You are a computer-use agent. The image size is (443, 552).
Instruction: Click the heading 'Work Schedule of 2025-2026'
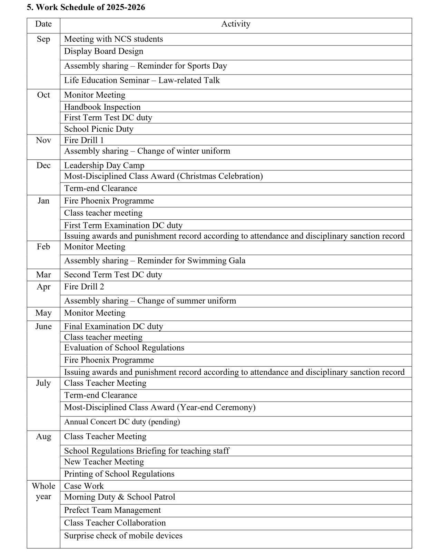tap(86, 7)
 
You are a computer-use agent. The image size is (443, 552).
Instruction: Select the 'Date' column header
tap(43, 24)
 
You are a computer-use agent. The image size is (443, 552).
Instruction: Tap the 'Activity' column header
tap(236, 24)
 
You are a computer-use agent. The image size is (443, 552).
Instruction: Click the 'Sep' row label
tap(43, 39)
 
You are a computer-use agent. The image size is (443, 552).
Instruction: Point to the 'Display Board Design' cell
tap(104, 51)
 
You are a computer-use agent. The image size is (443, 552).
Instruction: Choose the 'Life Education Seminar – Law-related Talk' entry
tap(142, 80)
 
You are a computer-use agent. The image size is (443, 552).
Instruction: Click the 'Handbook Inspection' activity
tap(102, 107)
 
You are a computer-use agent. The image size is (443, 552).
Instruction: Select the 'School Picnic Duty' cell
tap(99, 129)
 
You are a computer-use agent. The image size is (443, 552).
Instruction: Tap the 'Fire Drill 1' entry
tap(84, 140)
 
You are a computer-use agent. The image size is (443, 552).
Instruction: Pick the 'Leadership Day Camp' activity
tap(104, 165)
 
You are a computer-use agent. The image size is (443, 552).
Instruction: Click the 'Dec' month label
tap(43, 166)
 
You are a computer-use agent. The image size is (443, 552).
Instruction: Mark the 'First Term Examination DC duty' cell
tap(123, 225)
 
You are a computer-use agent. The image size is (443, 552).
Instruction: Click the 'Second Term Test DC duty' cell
tap(113, 275)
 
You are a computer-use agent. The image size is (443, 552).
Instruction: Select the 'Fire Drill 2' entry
tap(84, 287)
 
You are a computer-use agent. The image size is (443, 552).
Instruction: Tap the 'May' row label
tap(43, 313)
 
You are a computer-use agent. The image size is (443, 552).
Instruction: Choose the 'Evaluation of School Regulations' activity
tap(124, 348)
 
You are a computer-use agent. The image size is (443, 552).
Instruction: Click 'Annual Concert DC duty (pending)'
tap(122, 422)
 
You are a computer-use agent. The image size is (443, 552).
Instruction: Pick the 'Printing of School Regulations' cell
tap(119, 474)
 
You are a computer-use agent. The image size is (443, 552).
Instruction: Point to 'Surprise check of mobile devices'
tap(123, 536)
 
